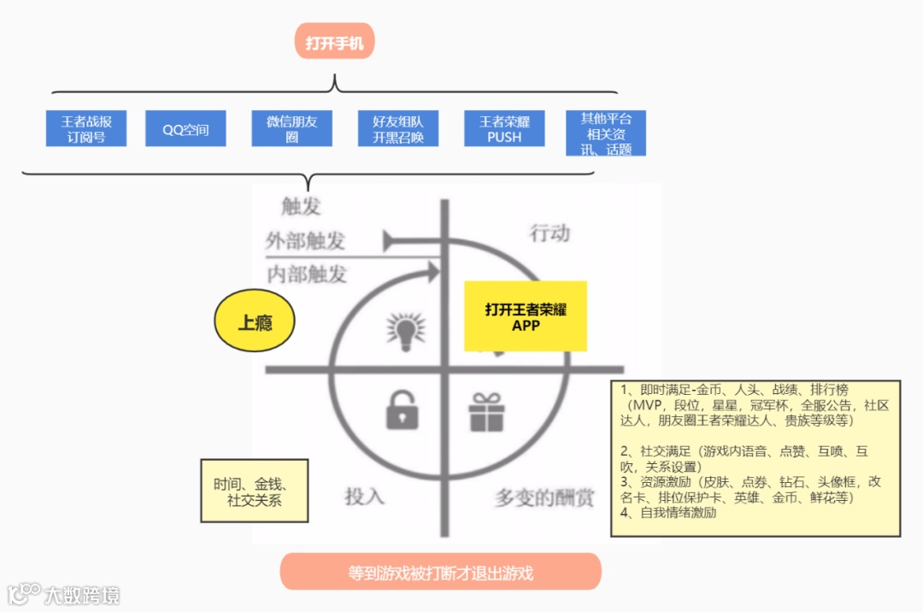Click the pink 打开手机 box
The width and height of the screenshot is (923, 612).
click(334, 41)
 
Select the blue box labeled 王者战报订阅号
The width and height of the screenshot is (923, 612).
click(86, 129)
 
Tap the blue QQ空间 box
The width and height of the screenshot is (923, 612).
click(185, 129)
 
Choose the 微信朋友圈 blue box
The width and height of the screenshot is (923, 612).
click(291, 129)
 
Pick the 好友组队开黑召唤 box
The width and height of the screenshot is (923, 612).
click(397, 129)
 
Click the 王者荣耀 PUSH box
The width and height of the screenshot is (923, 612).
click(504, 129)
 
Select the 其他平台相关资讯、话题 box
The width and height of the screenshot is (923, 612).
click(606, 133)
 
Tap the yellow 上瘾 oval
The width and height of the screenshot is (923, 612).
click(255, 323)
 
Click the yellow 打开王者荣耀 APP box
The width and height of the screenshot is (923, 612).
click(526, 316)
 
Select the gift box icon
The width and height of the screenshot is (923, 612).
click(487, 412)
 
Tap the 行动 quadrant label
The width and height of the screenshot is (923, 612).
click(550, 232)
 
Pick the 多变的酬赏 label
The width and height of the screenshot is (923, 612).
click(544, 498)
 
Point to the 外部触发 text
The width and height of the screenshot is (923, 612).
click(305, 240)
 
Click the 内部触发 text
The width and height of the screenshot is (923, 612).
click(307, 274)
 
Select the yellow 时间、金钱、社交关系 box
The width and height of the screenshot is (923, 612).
click(254, 491)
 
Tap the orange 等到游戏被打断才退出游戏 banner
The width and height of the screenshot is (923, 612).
click(440, 572)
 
